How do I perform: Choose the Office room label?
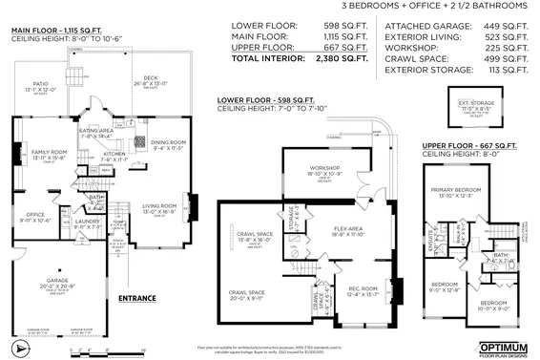(35, 215)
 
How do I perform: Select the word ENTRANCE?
(136, 299)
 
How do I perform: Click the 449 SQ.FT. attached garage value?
(504, 25)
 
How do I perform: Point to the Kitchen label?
(114, 153)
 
